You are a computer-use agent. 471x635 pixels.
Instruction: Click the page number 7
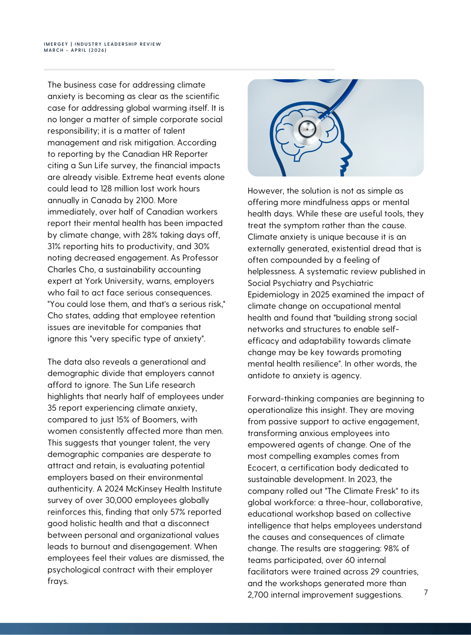pos(426,592)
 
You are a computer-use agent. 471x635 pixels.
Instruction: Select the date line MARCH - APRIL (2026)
pos(75,50)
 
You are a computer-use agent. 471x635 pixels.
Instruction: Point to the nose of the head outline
pos(350,155)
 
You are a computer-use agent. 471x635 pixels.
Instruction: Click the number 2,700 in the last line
pos(258,595)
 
